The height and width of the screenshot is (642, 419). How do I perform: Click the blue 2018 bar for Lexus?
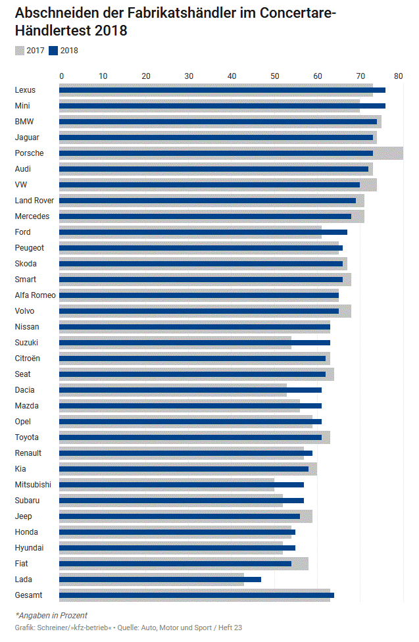[222, 90]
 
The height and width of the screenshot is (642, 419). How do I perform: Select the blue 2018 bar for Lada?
[160, 580]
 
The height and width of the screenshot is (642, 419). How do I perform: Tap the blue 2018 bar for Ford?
[203, 232]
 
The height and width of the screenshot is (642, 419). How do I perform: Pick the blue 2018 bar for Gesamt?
[197, 595]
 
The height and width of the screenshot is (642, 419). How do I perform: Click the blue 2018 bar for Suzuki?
[195, 343]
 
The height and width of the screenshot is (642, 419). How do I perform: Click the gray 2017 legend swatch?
[19, 51]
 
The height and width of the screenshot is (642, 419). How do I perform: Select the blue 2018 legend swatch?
[53, 51]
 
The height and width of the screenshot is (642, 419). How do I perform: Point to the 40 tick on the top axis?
[232, 76]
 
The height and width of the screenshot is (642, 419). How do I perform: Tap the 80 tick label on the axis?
[398, 76]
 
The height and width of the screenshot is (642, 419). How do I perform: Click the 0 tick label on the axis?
[62, 76]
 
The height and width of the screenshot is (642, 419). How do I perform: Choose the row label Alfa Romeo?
[35, 295]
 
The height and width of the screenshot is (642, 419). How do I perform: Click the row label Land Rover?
[34, 201]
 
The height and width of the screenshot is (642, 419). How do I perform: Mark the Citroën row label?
[27, 358]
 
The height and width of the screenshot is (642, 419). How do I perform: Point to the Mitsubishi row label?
[32, 485]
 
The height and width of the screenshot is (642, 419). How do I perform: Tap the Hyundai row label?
[30, 548]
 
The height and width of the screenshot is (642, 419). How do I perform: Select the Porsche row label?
[29, 153]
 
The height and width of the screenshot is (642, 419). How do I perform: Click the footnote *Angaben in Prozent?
[51, 615]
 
